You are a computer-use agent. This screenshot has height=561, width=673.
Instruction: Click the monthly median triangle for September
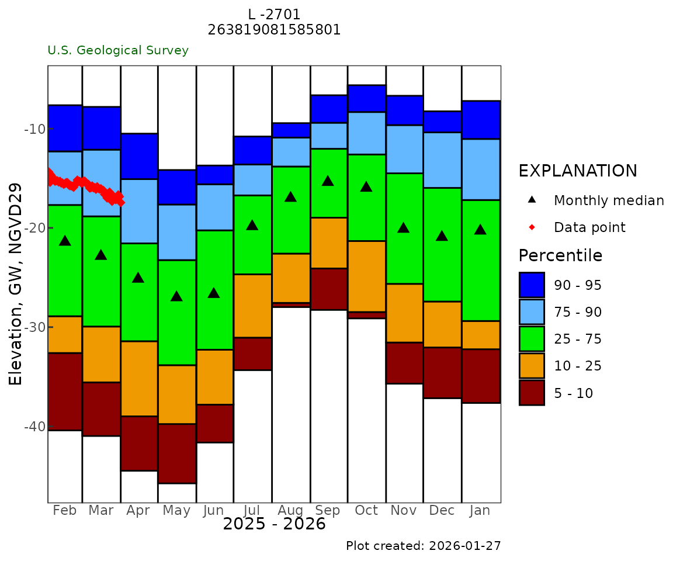(328, 181)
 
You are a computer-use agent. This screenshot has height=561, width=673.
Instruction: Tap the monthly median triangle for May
(176, 296)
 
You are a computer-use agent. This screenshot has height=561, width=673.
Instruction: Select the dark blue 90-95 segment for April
(139, 156)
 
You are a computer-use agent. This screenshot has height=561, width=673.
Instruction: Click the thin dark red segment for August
(291, 304)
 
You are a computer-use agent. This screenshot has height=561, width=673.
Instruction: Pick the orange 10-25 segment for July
(252, 306)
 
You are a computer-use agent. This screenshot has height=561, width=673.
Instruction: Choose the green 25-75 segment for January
(481, 260)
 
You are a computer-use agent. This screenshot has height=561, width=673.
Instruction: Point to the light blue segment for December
(442, 160)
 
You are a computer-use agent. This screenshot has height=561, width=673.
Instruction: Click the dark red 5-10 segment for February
(65, 392)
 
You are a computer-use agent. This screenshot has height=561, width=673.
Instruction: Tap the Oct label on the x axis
(366, 511)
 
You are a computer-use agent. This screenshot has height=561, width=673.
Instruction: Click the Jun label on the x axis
(214, 511)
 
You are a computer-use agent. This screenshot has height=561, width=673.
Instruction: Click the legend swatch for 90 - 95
(532, 285)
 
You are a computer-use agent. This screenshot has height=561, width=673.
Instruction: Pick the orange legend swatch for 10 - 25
(532, 366)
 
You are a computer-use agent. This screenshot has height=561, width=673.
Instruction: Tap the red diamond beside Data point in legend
(532, 227)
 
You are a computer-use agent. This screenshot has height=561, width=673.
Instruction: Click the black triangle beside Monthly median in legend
(532, 200)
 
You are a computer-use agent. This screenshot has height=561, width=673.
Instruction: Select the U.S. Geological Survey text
(118, 50)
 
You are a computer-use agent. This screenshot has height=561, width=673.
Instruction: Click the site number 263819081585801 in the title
(274, 30)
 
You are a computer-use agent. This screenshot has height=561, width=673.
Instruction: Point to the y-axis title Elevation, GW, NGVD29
(16, 284)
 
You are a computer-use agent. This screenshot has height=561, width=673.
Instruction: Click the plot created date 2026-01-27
(465, 546)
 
